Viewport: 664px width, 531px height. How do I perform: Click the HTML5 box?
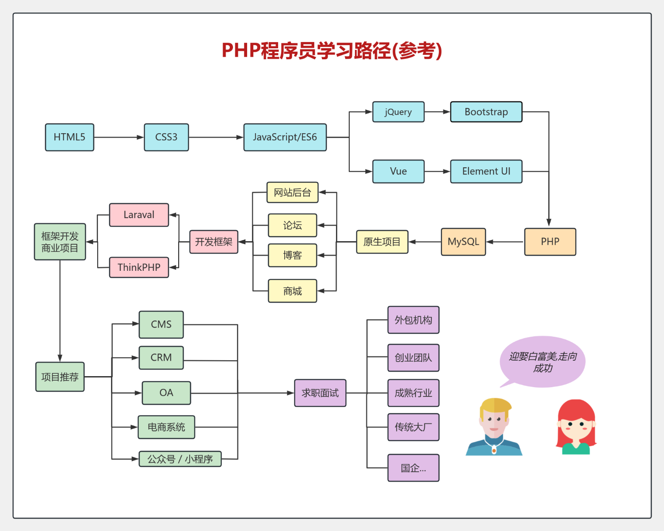click(69, 137)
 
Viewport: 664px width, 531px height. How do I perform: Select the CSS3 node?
click(166, 137)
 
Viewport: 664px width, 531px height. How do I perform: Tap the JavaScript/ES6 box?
click(285, 137)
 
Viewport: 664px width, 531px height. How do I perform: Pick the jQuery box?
click(398, 112)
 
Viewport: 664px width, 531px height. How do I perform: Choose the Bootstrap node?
click(486, 112)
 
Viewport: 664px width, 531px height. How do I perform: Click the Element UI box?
click(486, 171)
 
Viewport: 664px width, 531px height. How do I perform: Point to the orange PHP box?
click(550, 242)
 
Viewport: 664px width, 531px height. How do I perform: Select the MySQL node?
click(463, 242)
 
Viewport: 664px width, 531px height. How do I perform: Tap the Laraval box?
click(139, 215)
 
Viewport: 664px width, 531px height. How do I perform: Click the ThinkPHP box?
click(139, 267)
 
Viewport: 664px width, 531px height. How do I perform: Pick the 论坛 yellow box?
click(292, 225)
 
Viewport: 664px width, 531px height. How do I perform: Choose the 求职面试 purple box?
click(320, 393)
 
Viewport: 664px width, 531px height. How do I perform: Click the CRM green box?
click(161, 358)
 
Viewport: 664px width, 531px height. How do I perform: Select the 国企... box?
click(413, 468)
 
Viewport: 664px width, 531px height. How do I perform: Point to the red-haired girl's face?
click(576, 427)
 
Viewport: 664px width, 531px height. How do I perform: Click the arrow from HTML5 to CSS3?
click(119, 137)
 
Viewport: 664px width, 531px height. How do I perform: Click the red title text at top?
click(332, 50)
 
